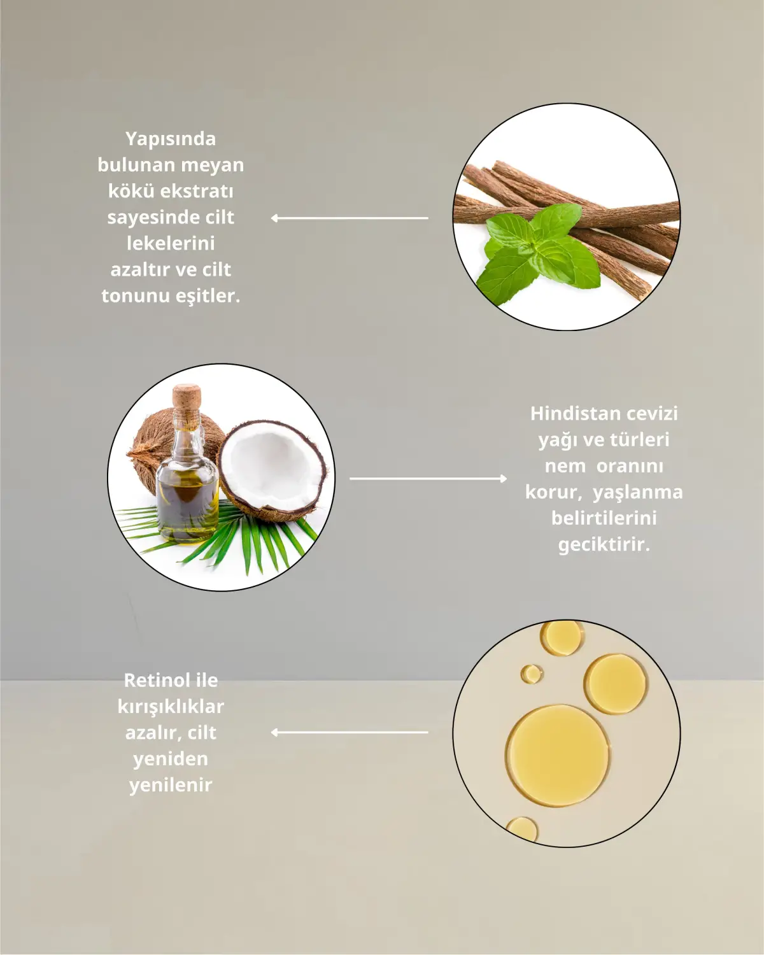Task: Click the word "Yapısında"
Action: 170,139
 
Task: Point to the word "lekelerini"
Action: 171,243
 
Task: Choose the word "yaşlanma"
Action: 637,492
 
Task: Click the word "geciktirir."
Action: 604,544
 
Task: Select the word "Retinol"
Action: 148,680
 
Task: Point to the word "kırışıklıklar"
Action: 171,706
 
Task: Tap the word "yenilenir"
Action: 171,784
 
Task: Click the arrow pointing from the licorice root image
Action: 350,218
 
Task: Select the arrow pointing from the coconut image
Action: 428,478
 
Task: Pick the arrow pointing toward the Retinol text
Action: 350,732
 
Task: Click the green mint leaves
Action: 532,251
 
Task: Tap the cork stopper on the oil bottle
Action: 187,397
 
